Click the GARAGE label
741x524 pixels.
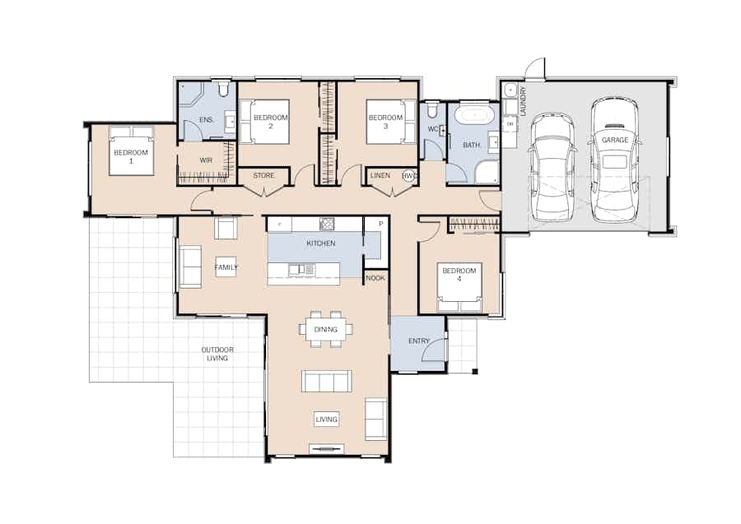(x=615, y=140)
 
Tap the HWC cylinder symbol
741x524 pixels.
(x=410, y=175)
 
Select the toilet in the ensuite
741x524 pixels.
(x=223, y=88)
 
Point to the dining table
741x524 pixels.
(x=325, y=330)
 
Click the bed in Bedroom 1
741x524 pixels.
(x=132, y=150)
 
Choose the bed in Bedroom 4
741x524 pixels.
(x=459, y=287)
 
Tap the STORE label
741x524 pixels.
(x=263, y=175)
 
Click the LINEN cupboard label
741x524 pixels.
(x=380, y=175)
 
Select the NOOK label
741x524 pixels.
(x=375, y=278)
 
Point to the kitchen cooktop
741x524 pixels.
(x=327, y=224)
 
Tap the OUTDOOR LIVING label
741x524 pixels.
(x=217, y=354)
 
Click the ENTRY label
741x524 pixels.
(x=419, y=341)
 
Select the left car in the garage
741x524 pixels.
(x=552, y=167)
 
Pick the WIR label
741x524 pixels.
(x=206, y=160)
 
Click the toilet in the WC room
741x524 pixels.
(x=431, y=111)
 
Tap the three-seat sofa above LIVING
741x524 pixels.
(x=326, y=381)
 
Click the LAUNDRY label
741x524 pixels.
(x=523, y=101)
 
